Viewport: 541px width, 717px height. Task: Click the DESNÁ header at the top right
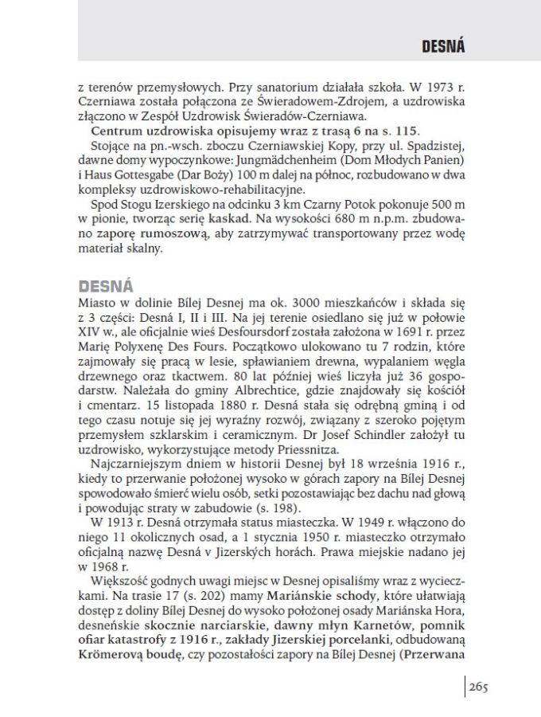pos(443,47)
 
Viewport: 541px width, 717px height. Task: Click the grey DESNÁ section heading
pos(106,286)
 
